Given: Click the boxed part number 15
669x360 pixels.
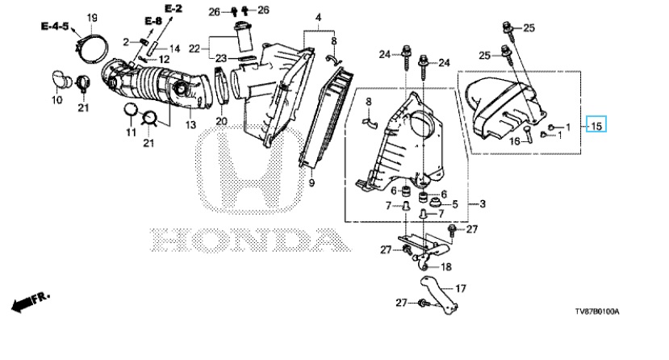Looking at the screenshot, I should point(596,126).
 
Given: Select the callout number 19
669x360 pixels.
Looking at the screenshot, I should point(92,18).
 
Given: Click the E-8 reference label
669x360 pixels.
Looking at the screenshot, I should point(153,19).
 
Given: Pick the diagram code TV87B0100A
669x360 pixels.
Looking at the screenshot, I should point(603,310).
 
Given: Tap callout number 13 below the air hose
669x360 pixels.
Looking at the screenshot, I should point(190,124).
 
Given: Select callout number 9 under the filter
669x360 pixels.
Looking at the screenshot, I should point(311,183).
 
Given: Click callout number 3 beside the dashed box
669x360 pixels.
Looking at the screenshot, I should point(481,203).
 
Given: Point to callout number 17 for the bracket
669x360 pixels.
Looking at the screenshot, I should point(461,287).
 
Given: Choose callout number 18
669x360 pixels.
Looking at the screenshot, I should point(446,266).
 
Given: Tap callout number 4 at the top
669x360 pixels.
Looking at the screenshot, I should point(318,18).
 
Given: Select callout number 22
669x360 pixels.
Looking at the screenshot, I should point(194,48).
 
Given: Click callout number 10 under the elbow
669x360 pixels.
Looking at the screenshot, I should point(56,100).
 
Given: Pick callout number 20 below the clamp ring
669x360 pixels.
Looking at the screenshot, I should point(222,122).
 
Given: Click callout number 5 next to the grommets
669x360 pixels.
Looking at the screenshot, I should point(455,205).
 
